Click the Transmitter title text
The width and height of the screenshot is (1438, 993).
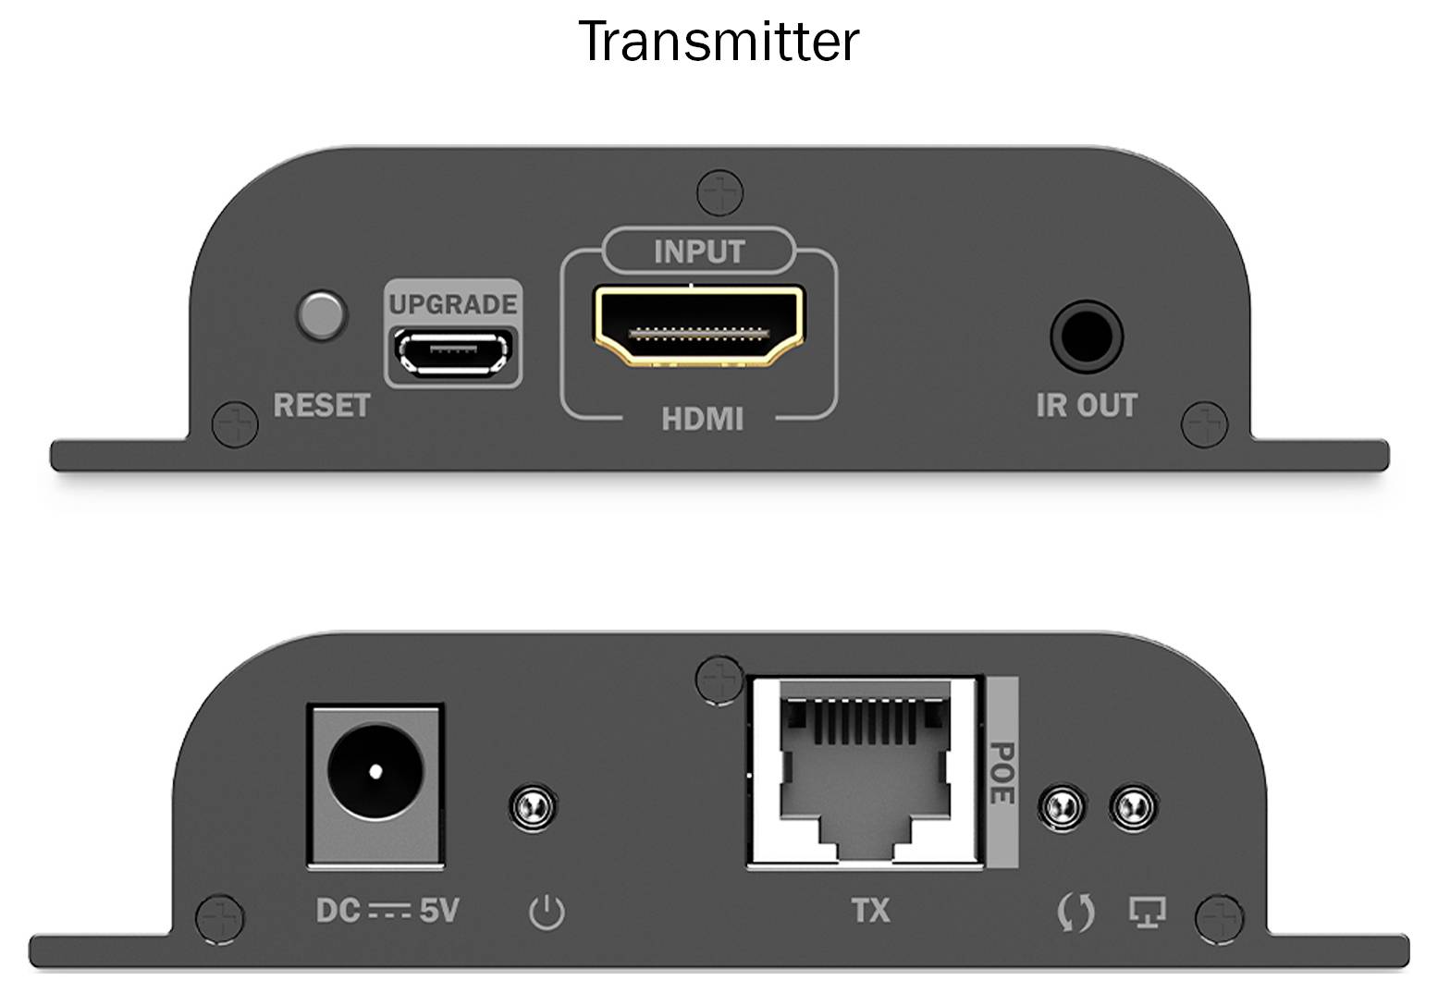719,42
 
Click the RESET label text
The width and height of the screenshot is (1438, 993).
321,405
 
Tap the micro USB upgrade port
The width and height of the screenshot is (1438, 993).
453,353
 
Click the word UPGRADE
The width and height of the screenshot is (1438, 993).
452,304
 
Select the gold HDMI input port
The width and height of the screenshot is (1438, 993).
698,325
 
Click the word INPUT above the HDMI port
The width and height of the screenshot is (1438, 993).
698,251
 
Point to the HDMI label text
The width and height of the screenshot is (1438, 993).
702,419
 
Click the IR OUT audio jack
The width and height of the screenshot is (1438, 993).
1086,335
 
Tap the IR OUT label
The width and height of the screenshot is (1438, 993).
1086,405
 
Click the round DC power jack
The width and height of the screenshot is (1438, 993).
375,770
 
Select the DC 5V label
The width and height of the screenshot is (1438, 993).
387,911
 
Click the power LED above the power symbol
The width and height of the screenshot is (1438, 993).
533,806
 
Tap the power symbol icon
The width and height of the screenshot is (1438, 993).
546,913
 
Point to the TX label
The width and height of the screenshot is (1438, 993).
870,911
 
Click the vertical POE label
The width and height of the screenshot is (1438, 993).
1002,772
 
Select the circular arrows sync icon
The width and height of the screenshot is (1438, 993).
1075,913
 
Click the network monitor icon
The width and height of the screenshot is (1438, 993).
1147,913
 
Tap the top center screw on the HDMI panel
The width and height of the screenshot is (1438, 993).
720,192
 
